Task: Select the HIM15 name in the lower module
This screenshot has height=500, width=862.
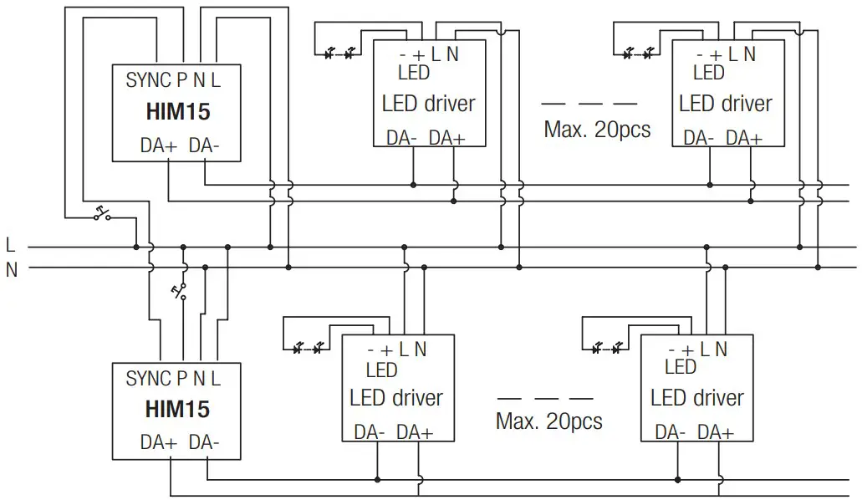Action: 176,410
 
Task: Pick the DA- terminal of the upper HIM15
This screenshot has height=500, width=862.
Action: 204,145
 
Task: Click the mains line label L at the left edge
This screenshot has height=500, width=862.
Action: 10,247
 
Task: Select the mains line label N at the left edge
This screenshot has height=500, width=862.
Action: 11,269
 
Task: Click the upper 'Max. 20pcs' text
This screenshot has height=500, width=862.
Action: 596,130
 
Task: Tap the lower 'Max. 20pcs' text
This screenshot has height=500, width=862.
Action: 548,421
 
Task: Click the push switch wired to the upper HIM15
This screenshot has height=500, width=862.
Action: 104,213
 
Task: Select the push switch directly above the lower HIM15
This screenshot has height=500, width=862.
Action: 179,291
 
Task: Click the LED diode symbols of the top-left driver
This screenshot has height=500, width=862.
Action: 339,54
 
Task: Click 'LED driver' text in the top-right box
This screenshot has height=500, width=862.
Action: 725,105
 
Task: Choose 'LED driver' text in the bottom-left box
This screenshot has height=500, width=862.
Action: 395,398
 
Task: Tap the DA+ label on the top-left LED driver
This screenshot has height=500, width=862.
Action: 446,138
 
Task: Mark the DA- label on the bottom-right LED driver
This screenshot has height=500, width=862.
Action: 671,432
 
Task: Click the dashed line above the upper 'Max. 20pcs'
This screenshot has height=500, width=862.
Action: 589,105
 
